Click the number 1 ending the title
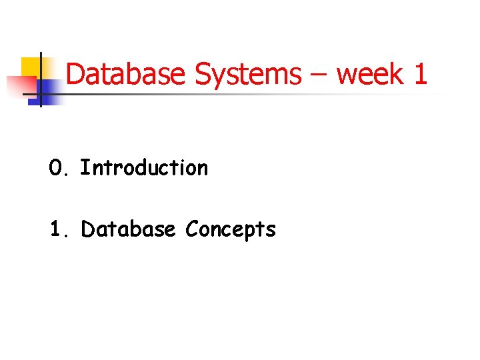(x=420, y=74)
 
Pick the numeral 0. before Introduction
(x=58, y=168)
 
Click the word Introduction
(x=144, y=168)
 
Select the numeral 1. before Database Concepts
(x=58, y=229)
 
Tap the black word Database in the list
(x=128, y=229)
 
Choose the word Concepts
(x=231, y=229)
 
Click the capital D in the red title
(x=75, y=74)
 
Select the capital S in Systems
(x=202, y=74)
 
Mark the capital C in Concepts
(x=192, y=229)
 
